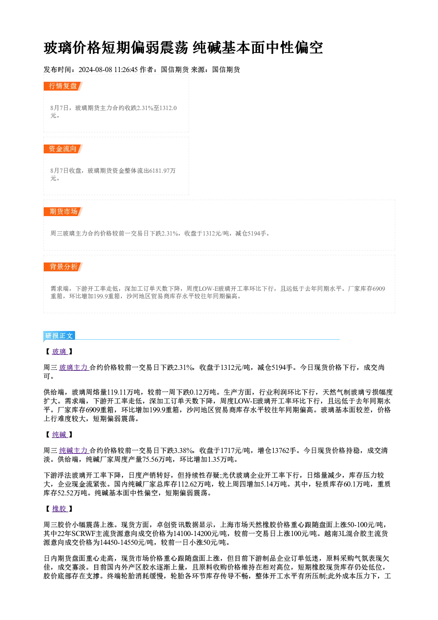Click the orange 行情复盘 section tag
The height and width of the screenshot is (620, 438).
[x=63, y=86]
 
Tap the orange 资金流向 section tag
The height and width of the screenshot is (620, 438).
[x=63, y=149]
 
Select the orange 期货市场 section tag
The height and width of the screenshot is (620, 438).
[x=63, y=212]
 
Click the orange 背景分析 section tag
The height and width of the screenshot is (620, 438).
[x=63, y=267]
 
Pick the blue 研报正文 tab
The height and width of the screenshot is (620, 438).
[x=59, y=336]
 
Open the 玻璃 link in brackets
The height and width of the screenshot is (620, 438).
[x=60, y=352]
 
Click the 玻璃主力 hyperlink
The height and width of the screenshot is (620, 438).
[x=74, y=368]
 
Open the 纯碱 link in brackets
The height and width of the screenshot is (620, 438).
[x=60, y=434]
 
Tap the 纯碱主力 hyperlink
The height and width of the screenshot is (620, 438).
[x=74, y=451]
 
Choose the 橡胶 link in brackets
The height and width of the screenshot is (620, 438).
[x=60, y=509]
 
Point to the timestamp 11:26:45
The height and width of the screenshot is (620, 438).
[x=126, y=70]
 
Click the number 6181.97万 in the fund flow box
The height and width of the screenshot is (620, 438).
[x=162, y=171]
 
